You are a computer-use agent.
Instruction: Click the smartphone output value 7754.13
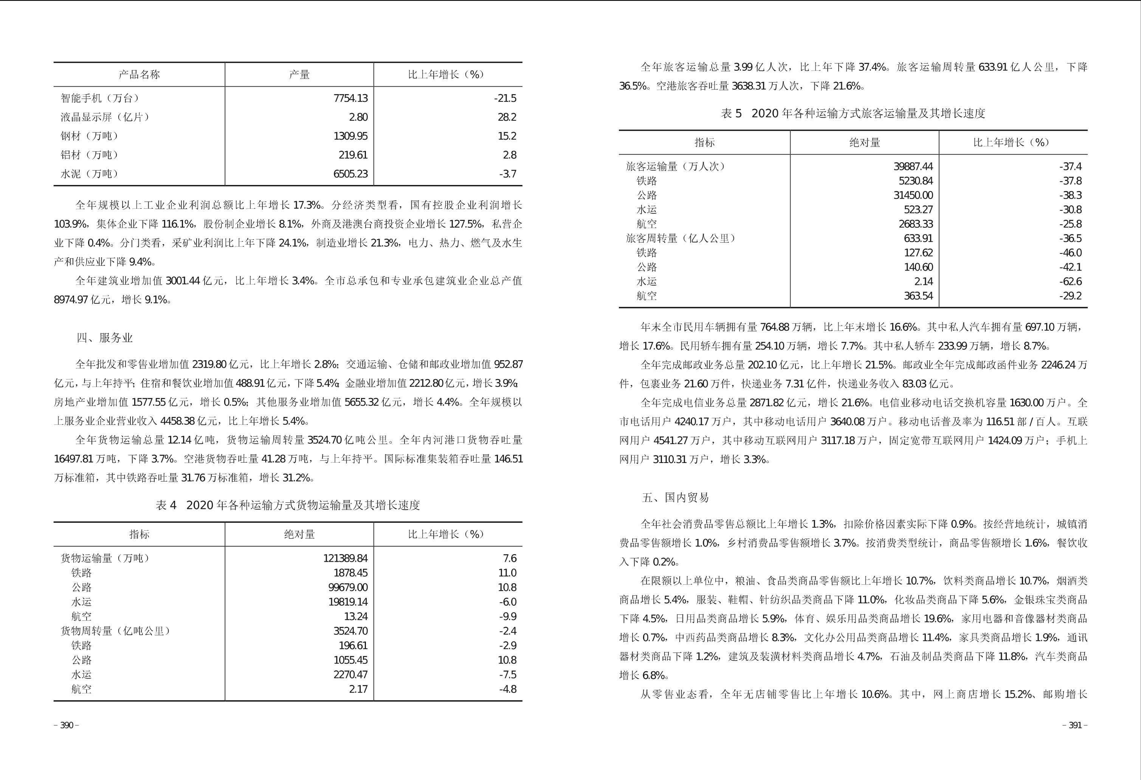350,98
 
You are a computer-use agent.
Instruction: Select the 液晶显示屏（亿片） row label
105,117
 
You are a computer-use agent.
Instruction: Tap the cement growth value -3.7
507,174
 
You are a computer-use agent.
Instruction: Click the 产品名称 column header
139,75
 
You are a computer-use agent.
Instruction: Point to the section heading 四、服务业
105,338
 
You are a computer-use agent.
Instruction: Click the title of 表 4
288,505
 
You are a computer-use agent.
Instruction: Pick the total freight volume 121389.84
345,558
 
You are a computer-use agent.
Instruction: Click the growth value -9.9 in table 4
508,617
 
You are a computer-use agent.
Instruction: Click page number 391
1075,726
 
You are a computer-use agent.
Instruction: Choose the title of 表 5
853,113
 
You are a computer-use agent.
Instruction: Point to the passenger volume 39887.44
913,166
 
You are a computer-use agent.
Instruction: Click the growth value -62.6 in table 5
1070,281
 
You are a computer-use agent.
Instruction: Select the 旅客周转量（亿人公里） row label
681,238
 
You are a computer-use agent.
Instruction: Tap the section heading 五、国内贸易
675,497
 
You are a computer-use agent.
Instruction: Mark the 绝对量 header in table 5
865,143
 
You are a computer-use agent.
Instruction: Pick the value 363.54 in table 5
918,296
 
